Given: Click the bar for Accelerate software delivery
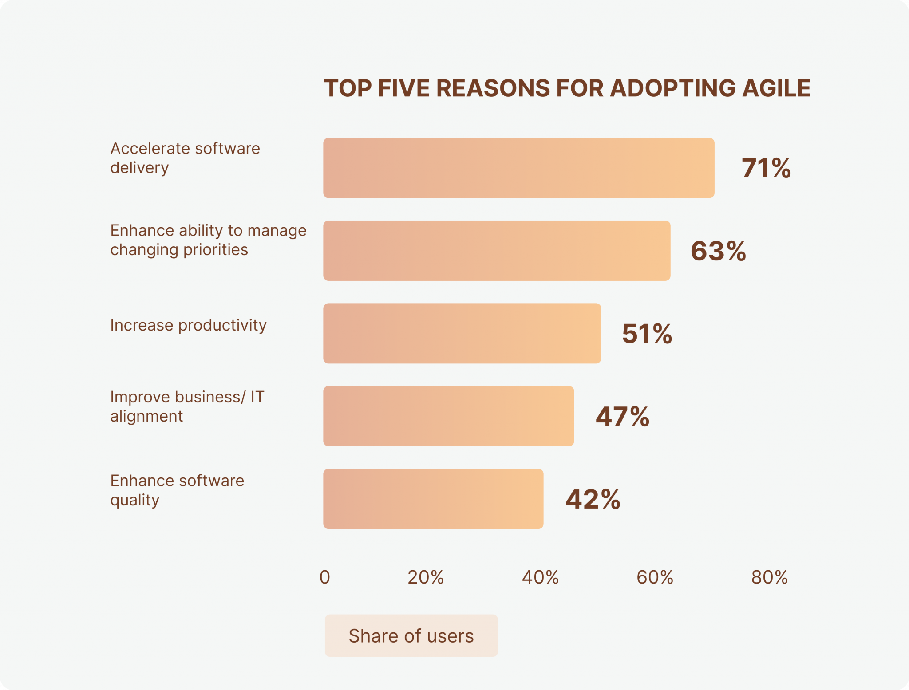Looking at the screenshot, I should click(518, 168).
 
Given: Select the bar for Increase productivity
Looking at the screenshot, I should click(462, 333).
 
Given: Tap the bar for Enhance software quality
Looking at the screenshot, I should click(433, 499).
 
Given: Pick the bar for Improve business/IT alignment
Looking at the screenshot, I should click(448, 416).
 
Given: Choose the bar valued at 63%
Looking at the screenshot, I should click(496, 251).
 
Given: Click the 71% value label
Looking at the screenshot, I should click(766, 169).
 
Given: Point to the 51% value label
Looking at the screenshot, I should click(647, 334).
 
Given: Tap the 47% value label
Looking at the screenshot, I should click(622, 417).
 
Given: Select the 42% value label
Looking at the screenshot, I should click(593, 499).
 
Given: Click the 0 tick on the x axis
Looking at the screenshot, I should click(325, 577).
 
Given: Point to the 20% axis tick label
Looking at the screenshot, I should click(426, 577).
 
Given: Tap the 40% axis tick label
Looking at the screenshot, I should click(540, 577).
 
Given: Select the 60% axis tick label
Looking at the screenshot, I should click(655, 577).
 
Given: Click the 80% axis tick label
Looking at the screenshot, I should click(769, 577).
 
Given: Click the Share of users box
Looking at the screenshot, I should click(411, 635).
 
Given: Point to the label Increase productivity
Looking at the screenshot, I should click(188, 325).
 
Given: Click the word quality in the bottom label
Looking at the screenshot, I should click(135, 500).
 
